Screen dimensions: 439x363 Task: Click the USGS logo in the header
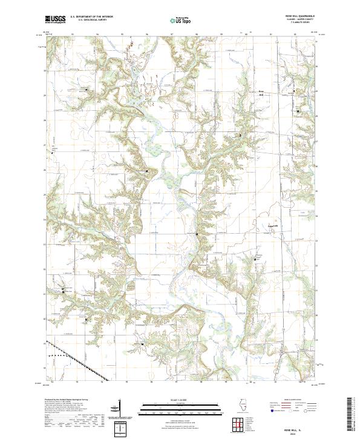click(56, 19)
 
